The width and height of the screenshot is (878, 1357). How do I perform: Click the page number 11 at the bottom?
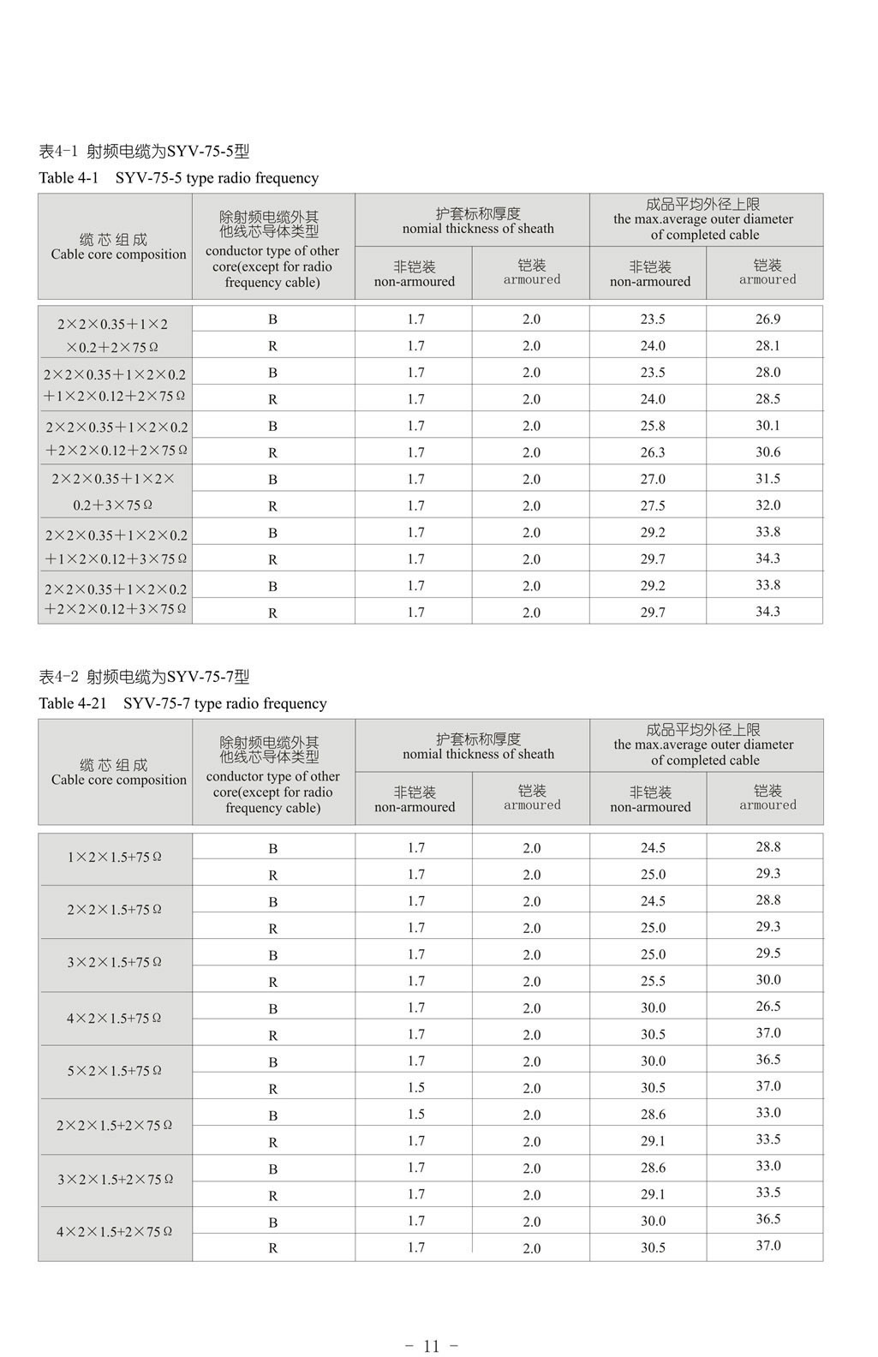(431, 1346)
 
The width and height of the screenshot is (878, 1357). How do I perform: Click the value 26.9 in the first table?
(768, 319)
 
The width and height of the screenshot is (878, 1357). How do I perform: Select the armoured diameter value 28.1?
(768, 345)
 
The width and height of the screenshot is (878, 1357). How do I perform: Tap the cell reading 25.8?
(653, 426)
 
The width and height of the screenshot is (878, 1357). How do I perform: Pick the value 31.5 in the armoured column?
(768, 478)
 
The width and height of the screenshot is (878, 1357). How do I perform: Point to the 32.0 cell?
(768, 505)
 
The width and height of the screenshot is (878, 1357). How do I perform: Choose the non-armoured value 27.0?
(653, 479)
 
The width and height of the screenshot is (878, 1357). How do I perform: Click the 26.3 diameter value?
(653, 452)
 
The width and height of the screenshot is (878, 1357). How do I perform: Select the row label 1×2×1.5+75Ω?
(115, 857)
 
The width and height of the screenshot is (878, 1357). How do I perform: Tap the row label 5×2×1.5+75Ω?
(115, 1071)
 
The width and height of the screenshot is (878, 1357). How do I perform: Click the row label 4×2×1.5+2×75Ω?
(115, 1232)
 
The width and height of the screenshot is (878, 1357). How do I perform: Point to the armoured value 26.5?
(768, 1006)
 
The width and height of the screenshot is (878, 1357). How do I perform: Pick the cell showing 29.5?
(768, 953)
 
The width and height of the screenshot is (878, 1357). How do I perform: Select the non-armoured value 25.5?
(653, 981)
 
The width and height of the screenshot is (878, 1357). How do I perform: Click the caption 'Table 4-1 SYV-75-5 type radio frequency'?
(179, 178)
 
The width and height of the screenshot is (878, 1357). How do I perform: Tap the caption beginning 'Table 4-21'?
(182, 703)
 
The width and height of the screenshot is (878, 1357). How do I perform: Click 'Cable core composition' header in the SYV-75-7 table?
(118, 780)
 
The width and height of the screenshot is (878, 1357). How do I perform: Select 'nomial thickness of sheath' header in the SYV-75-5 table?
(478, 229)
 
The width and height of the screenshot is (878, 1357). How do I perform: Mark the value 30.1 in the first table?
(768, 425)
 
